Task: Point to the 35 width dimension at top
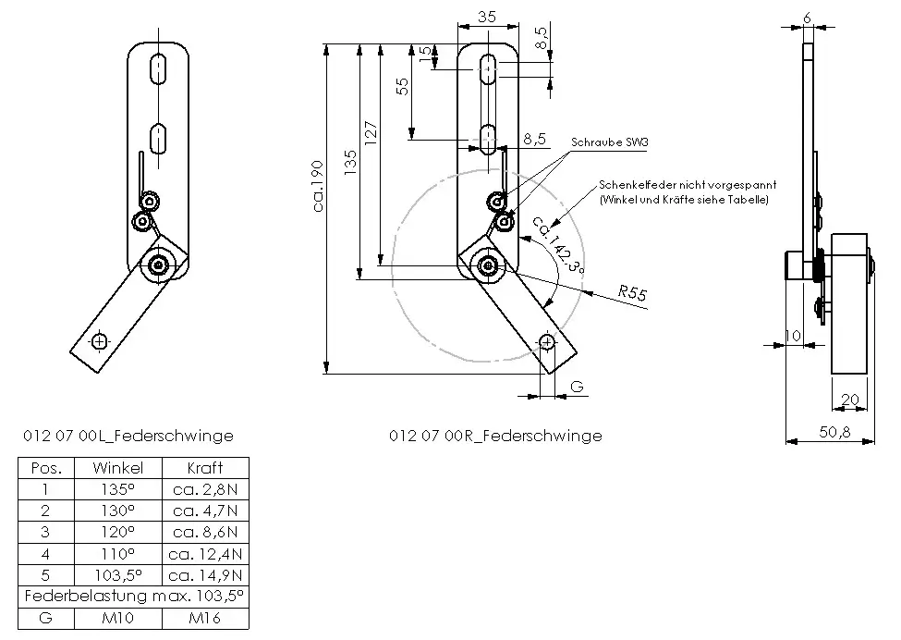coord(488,16)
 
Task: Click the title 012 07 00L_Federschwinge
coord(128,435)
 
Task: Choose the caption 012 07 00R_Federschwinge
coord(496,435)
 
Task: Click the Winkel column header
coord(119,468)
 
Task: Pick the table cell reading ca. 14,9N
coord(205,574)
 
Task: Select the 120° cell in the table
coord(119,532)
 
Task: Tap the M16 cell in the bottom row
coord(205,617)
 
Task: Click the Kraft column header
coord(205,468)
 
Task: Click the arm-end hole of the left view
coord(99,341)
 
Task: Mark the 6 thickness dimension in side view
coord(808,18)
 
